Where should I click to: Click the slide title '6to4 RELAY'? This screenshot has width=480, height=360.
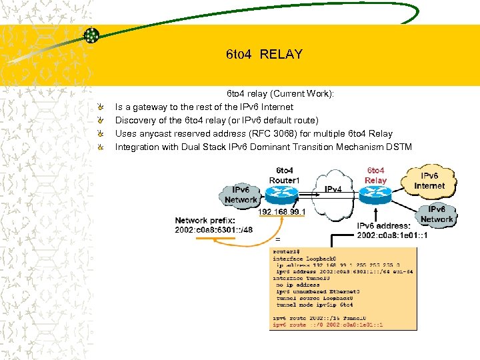(264, 54)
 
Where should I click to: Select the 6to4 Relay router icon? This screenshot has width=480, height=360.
(375, 194)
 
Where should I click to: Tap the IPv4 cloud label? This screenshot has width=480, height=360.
(334, 189)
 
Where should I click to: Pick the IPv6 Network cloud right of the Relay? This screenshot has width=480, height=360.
(437, 214)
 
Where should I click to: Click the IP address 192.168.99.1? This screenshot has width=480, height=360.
(282, 212)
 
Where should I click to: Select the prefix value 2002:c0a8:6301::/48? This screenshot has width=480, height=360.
(213, 230)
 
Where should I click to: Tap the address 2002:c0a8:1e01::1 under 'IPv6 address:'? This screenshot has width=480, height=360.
(392, 235)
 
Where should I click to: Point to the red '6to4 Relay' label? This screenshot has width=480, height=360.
(375, 175)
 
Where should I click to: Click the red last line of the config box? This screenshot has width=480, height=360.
(326, 324)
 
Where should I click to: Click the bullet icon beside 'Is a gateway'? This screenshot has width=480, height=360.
(99, 107)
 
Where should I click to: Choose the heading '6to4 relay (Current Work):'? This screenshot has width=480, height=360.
(281, 93)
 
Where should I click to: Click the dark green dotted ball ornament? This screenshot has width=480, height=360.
(92, 35)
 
